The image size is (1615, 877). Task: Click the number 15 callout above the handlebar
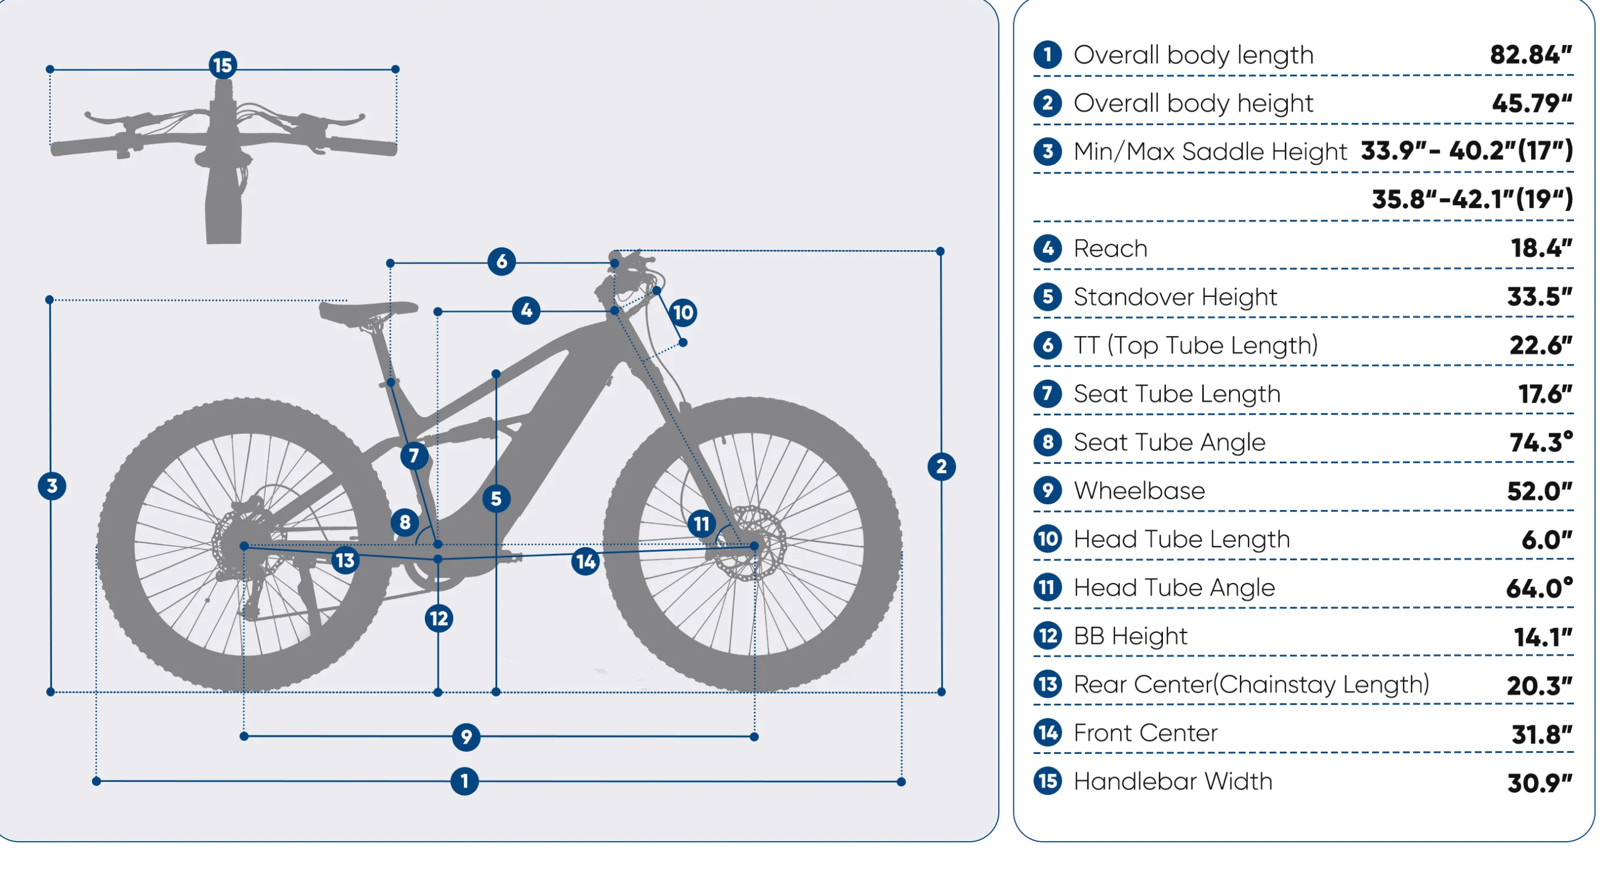(223, 65)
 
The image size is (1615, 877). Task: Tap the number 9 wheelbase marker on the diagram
(466, 737)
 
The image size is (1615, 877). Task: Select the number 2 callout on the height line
(941, 467)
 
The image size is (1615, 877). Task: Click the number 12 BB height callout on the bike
(439, 619)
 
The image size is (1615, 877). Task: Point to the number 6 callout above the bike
(502, 261)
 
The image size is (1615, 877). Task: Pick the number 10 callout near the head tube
(683, 312)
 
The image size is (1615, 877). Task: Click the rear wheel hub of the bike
(245, 546)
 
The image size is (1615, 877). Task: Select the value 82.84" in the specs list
(1531, 55)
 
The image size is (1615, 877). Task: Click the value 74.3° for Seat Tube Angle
(1540, 443)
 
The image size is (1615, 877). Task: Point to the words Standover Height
(1175, 297)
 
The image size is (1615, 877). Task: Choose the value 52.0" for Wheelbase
(1539, 491)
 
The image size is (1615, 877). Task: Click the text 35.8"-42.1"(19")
(1472, 199)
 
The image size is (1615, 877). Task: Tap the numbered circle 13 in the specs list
(1047, 684)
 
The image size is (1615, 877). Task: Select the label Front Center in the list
(1146, 733)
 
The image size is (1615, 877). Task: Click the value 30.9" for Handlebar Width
(1539, 782)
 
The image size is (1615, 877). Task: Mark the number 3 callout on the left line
(52, 486)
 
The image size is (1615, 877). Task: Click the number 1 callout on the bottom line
(465, 781)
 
